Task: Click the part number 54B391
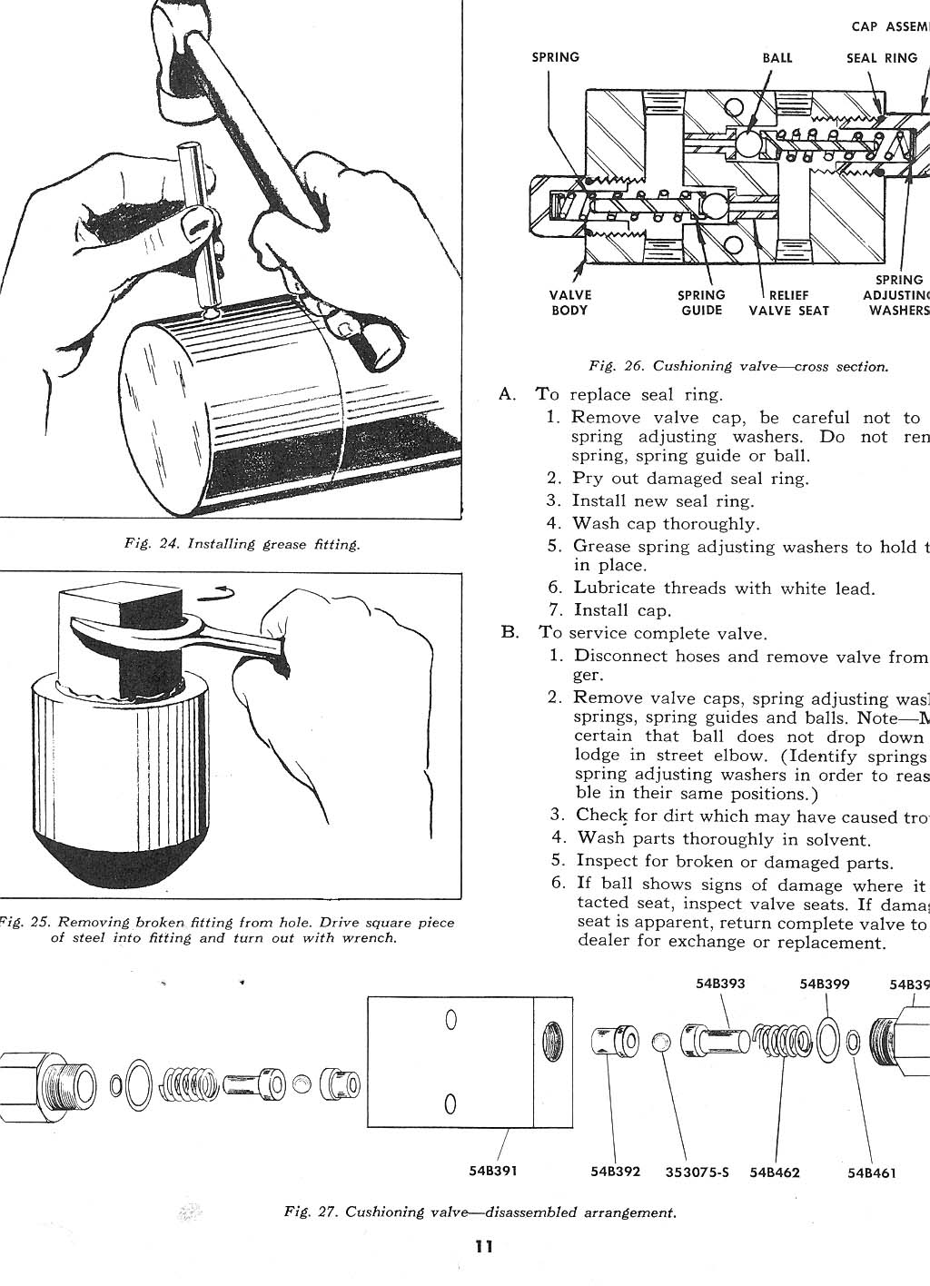pos(493,1171)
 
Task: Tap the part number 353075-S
pos(697,1172)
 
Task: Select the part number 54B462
pos(775,1172)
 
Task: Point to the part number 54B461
pos(872,1172)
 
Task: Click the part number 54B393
pos(720,983)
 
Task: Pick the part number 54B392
pos(616,1172)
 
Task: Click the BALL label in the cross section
pos(777,57)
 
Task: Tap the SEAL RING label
pos(882,57)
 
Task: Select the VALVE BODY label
pos(569,302)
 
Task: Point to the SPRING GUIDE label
pos(702,302)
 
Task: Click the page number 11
pos(483,1246)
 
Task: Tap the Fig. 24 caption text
pos(242,545)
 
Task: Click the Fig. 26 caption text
pos(737,366)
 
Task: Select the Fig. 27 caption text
pos(480,1212)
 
